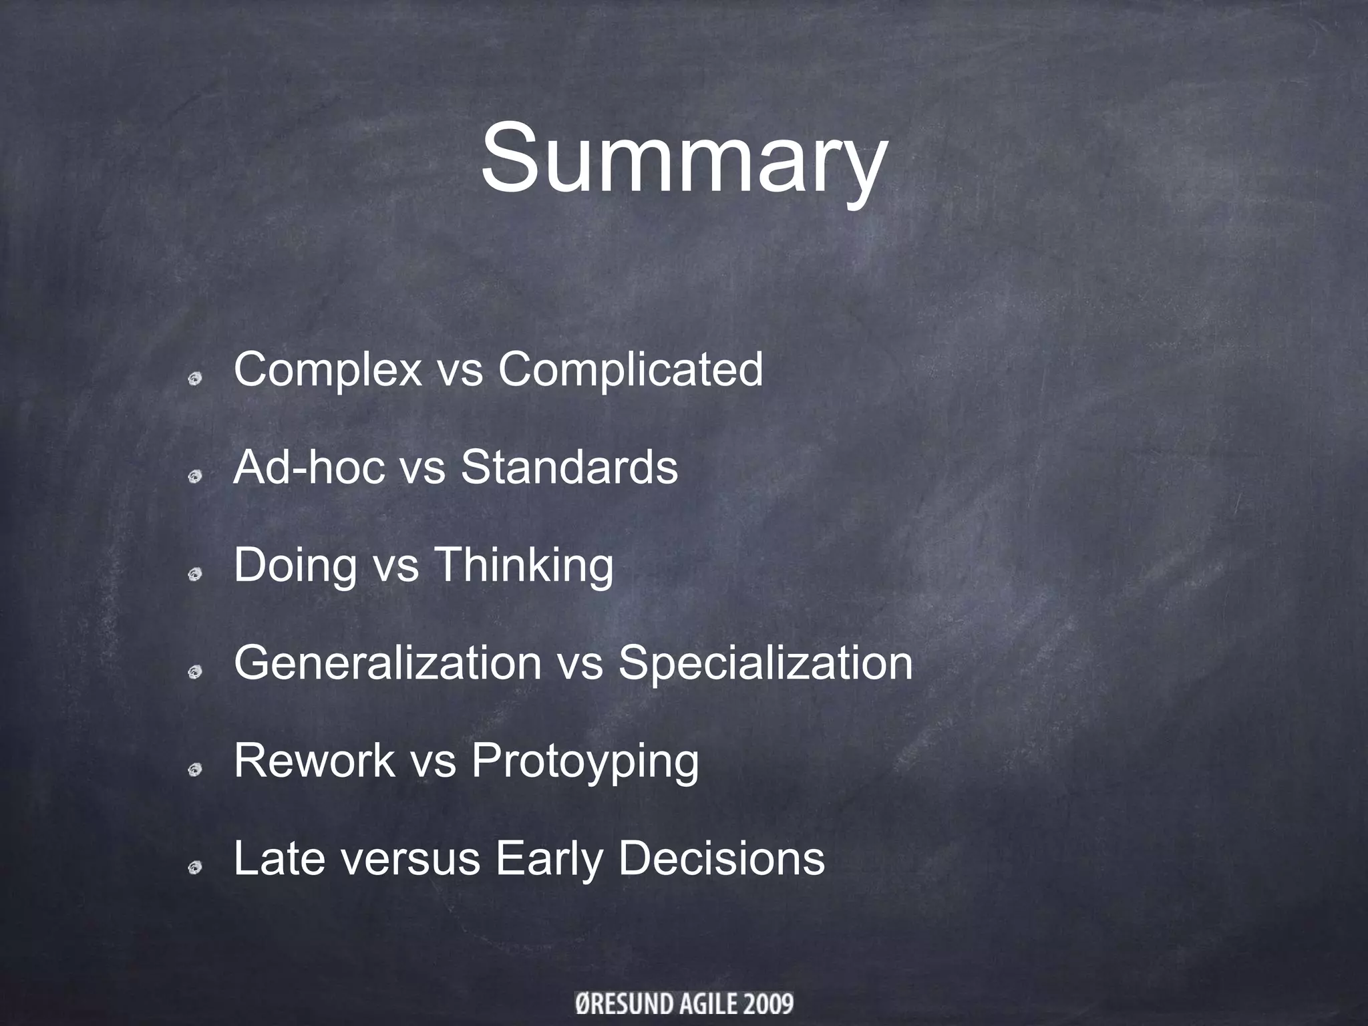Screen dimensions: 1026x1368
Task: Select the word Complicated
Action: click(x=630, y=369)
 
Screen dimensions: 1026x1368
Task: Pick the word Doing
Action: click(x=295, y=566)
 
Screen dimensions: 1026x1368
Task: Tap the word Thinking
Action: click(x=524, y=566)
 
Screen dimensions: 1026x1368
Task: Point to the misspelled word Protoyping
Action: click(x=585, y=761)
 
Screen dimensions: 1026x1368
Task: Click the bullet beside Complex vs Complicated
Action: click(x=195, y=379)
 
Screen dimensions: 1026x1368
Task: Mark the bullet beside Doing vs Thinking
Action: click(x=195, y=574)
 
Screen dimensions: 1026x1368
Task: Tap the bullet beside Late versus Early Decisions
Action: click(x=195, y=868)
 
